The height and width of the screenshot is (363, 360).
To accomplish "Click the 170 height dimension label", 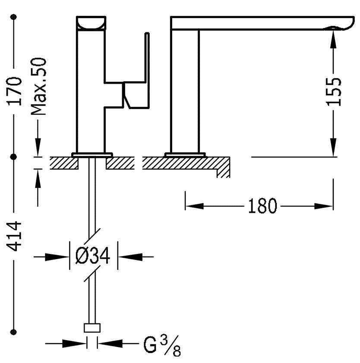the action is (x=14, y=91).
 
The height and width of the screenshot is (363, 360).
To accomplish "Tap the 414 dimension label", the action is (x=14, y=236).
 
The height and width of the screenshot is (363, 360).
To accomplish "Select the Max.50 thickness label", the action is (x=38, y=86).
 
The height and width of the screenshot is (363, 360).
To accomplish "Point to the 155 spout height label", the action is (x=334, y=92).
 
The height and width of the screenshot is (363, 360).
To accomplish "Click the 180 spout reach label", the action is (x=262, y=206).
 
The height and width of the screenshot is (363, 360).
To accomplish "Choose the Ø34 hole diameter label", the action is (x=93, y=256).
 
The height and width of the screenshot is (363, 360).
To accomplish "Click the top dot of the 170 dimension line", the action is (x=14, y=17).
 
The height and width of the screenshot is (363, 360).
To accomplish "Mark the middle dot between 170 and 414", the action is (x=14, y=157).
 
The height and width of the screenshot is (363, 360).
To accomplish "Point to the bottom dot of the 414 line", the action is (x=14, y=332).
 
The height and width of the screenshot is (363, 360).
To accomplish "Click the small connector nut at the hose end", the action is (x=92, y=328).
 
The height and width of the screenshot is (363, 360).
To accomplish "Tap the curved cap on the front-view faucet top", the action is (x=91, y=23).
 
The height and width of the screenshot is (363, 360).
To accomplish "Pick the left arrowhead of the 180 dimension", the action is (x=194, y=206).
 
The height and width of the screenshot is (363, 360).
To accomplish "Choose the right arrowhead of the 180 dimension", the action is (x=324, y=206).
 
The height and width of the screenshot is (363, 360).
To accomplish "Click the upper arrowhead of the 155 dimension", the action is (x=333, y=39).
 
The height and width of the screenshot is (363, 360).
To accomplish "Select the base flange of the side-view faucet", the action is (x=185, y=155).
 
